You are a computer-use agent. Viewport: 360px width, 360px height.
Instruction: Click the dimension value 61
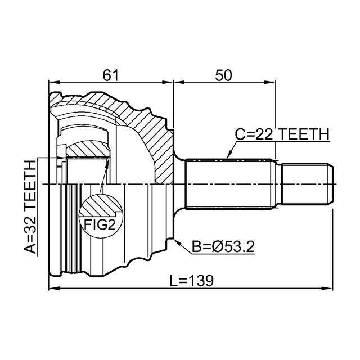click(110, 75)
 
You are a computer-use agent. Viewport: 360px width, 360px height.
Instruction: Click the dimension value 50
click(223, 75)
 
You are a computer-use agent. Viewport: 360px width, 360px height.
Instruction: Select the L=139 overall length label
click(192, 280)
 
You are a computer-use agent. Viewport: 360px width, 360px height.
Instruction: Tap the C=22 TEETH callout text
click(282, 134)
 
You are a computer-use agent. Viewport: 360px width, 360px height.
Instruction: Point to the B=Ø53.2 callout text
click(223, 247)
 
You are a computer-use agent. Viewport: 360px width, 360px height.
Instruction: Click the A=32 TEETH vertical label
click(30, 206)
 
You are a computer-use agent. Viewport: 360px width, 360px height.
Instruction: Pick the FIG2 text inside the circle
click(100, 224)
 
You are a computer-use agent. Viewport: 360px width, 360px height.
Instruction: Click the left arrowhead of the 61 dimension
click(54, 82)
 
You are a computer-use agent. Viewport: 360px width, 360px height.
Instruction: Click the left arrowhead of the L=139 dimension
click(54, 288)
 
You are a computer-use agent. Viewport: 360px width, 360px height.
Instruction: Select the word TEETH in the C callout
click(305, 134)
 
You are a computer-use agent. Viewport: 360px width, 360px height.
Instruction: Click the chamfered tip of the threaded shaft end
click(330, 184)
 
